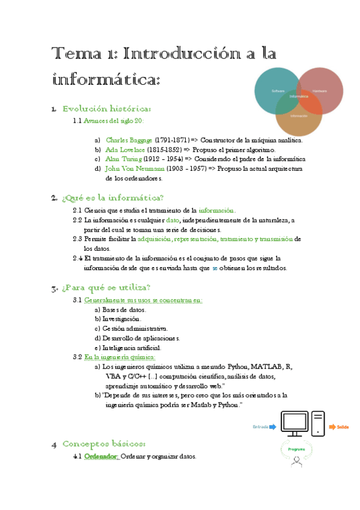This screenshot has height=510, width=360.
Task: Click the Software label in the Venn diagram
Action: pyautogui.click(x=278, y=90)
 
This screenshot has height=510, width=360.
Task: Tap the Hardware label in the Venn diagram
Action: pyautogui.click(x=319, y=90)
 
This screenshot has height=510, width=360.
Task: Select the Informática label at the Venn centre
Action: pyautogui.click(x=299, y=96)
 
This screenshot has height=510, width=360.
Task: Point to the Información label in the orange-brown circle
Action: pyautogui.click(x=299, y=115)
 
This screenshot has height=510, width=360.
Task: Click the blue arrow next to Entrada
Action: pyautogui.click(x=272, y=426)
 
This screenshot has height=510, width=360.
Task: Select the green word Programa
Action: pyautogui.click(x=296, y=449)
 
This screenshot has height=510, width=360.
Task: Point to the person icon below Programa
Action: pyautogui.click(x=296, y=462)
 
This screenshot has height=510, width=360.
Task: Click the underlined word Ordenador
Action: pyautogui.click(x=100, y=456)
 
